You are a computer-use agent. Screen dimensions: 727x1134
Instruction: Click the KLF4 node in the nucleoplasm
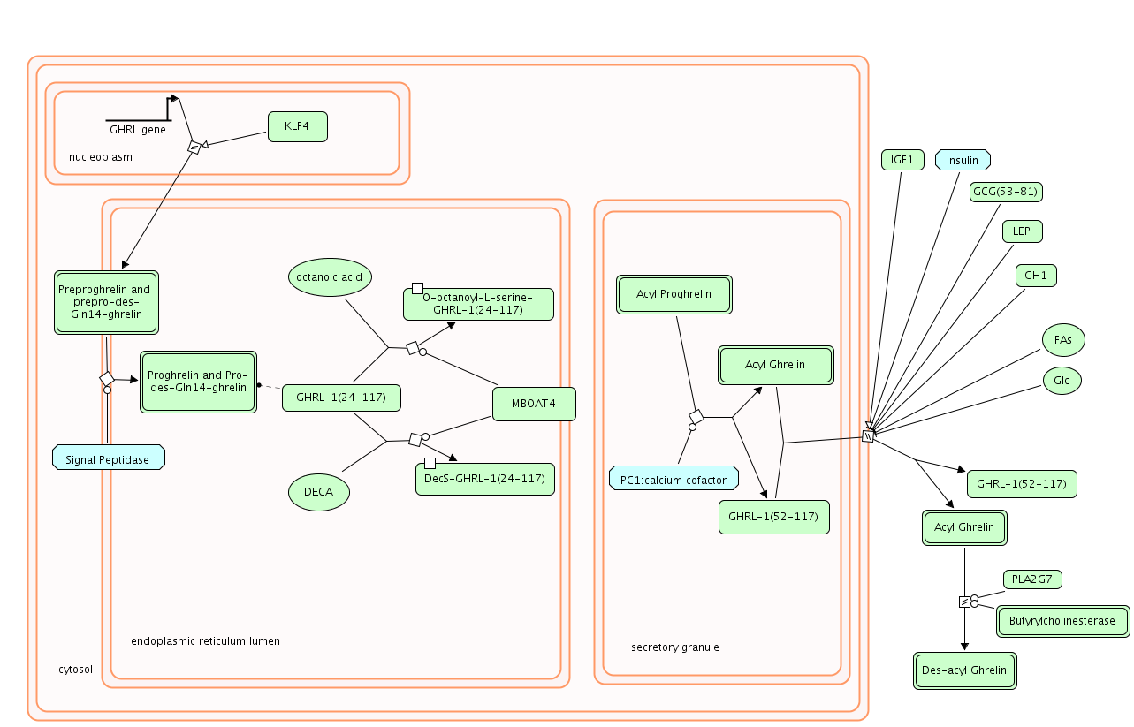coord(297,126)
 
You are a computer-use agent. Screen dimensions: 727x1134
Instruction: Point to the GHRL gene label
coord(137,130)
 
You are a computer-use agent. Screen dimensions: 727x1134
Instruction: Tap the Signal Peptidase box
coord(109,457)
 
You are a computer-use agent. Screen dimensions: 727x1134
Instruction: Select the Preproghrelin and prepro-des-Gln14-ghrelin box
coord(106,302)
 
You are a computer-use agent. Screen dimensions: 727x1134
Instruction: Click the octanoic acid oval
coord(330,277)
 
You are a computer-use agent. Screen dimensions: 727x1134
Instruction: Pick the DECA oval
coord(318,492)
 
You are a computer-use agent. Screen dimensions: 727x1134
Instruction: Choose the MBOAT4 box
coord(534,404)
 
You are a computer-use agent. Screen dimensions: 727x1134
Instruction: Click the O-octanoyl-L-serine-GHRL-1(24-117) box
coord(478,304)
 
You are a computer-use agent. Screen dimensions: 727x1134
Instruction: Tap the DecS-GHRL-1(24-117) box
coord(484,479)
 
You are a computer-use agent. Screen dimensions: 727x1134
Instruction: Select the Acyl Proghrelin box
coord(674,294)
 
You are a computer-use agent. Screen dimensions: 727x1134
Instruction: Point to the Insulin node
coord(963,160)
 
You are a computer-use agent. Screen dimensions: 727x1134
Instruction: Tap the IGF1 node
coord(902,160)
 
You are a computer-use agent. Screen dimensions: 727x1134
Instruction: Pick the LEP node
coord(1022,231)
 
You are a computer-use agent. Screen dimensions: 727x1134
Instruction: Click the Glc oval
coord(1062,381)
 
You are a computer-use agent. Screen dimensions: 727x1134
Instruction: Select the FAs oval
coord(1063,339)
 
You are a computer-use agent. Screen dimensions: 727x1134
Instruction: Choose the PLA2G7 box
coord(1032,579)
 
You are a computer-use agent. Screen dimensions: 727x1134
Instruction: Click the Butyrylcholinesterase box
coord(1062,621)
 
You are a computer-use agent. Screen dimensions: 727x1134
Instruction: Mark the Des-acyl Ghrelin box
coord(964,670)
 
